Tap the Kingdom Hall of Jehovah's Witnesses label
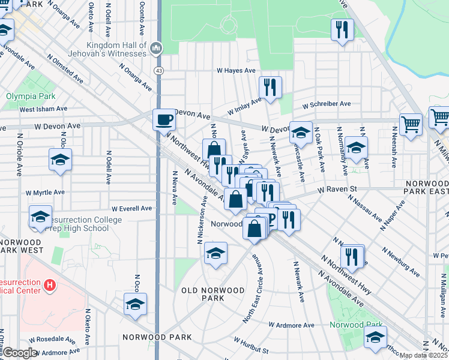click(116, 49)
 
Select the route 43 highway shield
click(158, 71)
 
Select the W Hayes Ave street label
click(237, 71)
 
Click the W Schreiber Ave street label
click(327, 104)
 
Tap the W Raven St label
click(337, 189)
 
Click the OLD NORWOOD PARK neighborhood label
click(213, 294)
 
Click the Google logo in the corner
click(20, 353)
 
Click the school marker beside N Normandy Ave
click(356, 148)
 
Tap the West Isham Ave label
click(43, 109)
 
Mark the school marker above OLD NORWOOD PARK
click(215, 254)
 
